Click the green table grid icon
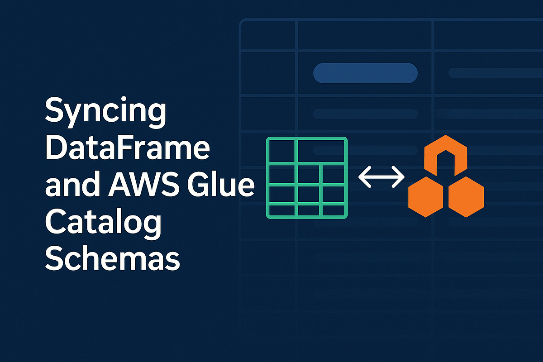click(x=306, y=177)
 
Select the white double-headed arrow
click(x=381, y=176)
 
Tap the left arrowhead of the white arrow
click(x=363, y=176)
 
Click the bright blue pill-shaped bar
click(x=365, y=73)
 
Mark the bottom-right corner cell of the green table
click(x=333, y=210)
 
